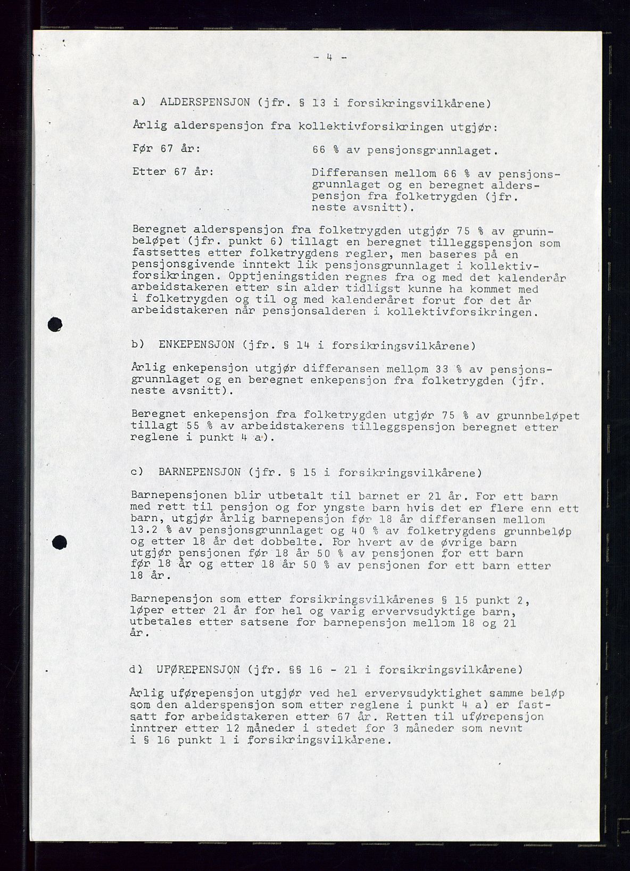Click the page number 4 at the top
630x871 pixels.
pyautogui.click(x=330, y=58)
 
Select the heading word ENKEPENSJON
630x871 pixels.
pyautogui.click(x=196, y=345)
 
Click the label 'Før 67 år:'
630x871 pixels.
pyautogui.click(x=166, y=149)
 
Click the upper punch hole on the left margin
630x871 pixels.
pyautogui.click(x=55, y=324)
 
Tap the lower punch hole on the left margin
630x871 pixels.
pyautogui.click(x=62, y=543)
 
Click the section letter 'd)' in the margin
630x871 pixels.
pyautogui.click(x=135, y=669)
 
